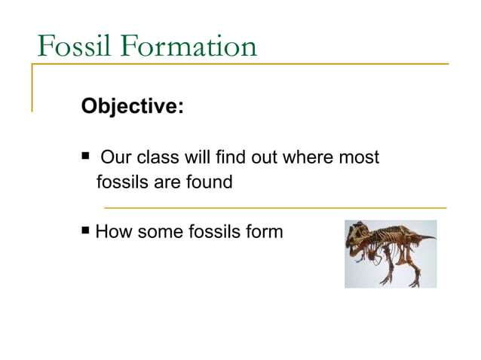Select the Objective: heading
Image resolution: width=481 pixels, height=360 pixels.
pyautogui.click(x=132, y=106)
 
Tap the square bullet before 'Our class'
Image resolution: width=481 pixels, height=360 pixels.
pyautogui.click(x=85, y=157)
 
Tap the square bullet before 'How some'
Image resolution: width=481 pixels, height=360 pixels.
pyautogui.click(x=85, y=230)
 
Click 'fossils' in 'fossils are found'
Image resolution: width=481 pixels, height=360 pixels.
pyautogui.click(x=121, y=182)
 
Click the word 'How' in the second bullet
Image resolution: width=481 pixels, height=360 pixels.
pyautogui.click(x=112, y=232)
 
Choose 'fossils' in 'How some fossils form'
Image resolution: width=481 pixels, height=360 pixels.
pyautogui.click(x=211, y=232)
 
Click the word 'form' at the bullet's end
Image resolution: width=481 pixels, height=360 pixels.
pyautogui.click(x=263, y=232)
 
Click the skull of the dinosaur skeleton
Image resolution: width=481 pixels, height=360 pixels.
pyautogui.click(x=358, y=238)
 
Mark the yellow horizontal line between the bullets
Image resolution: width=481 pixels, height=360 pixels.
pyautogui.click(x=274, y=207)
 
